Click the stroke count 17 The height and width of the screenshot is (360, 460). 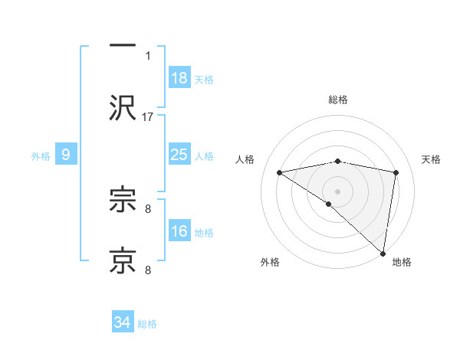click(x=148, y=116)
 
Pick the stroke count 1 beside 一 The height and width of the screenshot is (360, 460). click(x=148, y=56)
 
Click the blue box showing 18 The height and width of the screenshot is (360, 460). click(x=179, y=78)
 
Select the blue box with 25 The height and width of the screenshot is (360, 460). click(x=179, y=155)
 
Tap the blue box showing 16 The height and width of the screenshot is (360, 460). click(x=179, y=231)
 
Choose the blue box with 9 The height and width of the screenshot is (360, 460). click(x=66, y=155)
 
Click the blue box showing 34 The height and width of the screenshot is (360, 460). click(x=123, y=322)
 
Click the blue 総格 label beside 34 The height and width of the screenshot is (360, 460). click(x=147, y=324)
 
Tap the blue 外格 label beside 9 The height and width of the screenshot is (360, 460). click(x=41, y=156)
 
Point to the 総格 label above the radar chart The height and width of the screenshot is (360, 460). click(x=337, y=100)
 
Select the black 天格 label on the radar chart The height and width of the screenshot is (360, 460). click(x=432, y=159)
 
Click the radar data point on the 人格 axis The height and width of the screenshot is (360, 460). click(x=280, y=172)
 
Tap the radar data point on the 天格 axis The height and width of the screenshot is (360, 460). click(x=396, y=172)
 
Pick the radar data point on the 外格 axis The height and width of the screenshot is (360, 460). click(x=329, y=204)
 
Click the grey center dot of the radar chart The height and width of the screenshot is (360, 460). click(x=337, y=191)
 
